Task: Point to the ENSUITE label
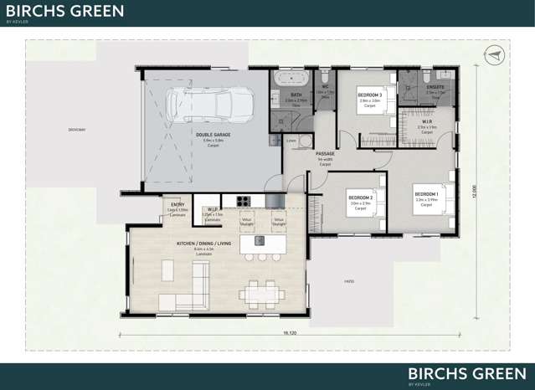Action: [x=435, y=86]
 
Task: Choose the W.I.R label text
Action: [x=426, y=121]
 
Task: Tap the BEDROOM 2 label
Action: [x=361, y=198]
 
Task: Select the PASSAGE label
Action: [x=325, y=154]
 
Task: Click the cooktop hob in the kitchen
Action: [x=243, y=201]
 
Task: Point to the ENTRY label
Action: [x=177, y=204]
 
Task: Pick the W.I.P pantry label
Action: [x=211, y=209]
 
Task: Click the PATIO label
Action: [x=349, y=282]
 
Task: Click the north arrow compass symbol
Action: [x=494, y=55]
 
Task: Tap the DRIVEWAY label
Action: [x=78, y=130]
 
